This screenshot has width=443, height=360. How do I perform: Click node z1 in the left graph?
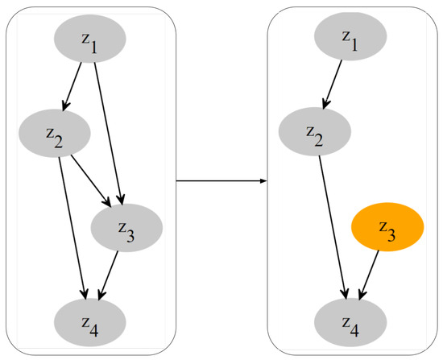point(89,39)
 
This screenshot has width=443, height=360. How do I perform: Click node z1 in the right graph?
point(350,39)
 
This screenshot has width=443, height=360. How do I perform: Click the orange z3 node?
point(387,228)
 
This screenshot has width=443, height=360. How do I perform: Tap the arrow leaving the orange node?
point(370,275)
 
